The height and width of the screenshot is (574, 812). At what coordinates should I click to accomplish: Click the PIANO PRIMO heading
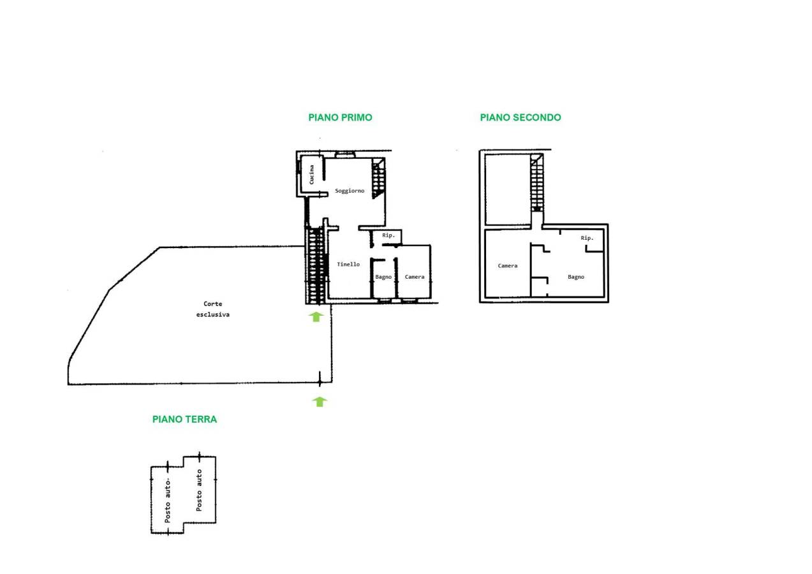pos(340,117)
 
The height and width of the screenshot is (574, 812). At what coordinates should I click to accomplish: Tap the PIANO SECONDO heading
pos(520,117)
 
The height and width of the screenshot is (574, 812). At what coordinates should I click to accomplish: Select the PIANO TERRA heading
pos(184,419)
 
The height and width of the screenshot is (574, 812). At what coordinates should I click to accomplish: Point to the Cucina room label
pos(311,175)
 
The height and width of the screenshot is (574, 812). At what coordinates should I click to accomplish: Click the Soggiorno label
pos(350,191)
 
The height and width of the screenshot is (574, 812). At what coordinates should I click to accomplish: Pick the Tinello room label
pos(348,264)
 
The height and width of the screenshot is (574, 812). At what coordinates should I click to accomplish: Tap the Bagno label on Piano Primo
pos(383,277)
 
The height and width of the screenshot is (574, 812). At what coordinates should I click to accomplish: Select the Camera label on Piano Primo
pos(415,277)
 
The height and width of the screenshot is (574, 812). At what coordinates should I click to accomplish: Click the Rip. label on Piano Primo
pos(388,235)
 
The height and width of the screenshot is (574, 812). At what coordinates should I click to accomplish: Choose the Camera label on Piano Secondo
pos(508,265)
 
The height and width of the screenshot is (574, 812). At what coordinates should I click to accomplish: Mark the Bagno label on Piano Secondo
pos(576,277)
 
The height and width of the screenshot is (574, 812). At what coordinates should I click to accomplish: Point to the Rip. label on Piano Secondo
pos(587,238)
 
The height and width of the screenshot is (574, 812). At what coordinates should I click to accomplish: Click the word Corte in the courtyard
pos(213,304)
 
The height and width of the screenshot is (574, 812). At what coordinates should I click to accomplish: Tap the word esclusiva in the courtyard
pos(213,314)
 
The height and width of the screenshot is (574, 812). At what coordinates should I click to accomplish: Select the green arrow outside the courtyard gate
pos(320,402)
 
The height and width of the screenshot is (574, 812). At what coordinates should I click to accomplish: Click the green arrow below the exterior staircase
pos(316,317)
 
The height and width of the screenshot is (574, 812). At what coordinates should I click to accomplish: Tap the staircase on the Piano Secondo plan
pos(537,183)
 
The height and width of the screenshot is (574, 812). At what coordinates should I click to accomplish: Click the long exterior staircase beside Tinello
pos(316,265)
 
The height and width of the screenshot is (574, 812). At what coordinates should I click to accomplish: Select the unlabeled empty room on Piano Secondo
pos(507,189)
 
